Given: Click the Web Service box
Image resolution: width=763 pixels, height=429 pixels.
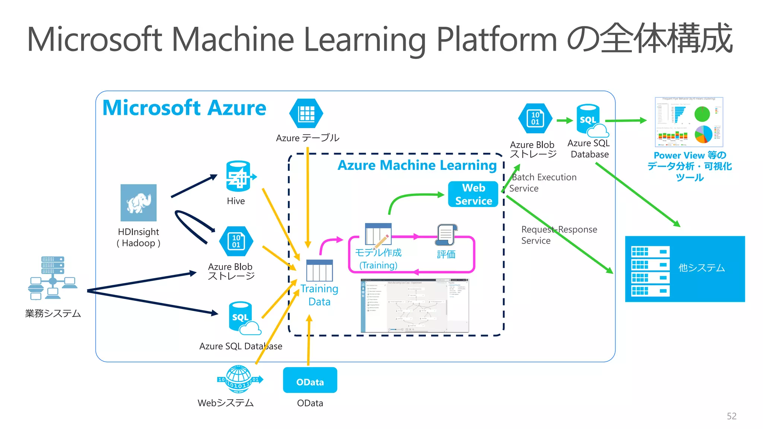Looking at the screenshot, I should click(x=473, y=194).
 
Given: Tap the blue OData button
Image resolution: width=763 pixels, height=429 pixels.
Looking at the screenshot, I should click(x=310, y=380).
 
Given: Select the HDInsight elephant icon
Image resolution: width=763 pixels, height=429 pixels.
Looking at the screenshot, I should click(x=139, y=203).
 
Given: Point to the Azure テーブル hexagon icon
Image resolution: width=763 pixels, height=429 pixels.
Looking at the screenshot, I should click(x=306, y=113).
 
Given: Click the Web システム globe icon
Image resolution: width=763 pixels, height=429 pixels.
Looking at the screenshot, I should click(x=239, y=379).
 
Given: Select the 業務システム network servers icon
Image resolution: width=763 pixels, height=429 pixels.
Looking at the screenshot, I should click(x=53, y=278).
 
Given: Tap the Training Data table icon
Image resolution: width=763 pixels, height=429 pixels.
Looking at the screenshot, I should click(x=319, y=270).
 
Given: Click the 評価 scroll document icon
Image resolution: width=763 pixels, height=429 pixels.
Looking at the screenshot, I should click(x=446, y=235).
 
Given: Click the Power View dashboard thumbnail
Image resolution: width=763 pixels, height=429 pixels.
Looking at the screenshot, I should click(x=689, y=122).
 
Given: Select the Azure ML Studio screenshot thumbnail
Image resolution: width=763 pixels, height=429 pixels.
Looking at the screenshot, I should click(x=415, y=305).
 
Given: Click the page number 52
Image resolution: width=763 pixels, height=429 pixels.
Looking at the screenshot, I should click(x=731, y=416).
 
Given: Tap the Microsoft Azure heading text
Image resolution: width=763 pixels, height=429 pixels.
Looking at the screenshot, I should click(x=184, y=108).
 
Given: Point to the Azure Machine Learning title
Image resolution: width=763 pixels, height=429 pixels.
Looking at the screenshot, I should click(x=417, y=165).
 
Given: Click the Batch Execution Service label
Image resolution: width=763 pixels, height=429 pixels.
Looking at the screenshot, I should click(x=543, y=182).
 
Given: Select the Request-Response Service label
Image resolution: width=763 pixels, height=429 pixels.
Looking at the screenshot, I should click(x=559, y=235).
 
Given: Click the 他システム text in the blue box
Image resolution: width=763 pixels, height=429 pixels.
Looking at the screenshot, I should click(x=701, y=268).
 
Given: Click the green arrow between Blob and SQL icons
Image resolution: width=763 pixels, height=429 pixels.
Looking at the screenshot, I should click(x=564, y=120).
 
